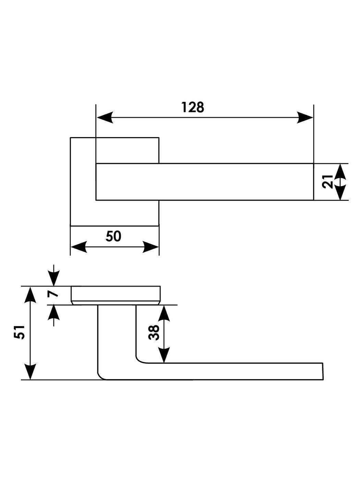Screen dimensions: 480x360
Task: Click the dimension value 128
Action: point(193,107)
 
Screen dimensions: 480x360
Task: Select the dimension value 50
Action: point(113,236)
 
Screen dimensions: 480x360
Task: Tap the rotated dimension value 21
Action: point(328,181)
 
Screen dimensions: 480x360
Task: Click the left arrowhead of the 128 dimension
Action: point(105,118)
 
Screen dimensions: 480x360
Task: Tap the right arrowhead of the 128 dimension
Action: point(305,118)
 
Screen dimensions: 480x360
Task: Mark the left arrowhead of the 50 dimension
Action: point(79,247)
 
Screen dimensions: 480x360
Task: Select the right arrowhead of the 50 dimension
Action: point(151,247)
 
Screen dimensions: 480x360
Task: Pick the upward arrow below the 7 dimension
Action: point(54,312)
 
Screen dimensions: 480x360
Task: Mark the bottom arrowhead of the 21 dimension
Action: point(340,193)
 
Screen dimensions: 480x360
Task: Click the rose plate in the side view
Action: point(116,293)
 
